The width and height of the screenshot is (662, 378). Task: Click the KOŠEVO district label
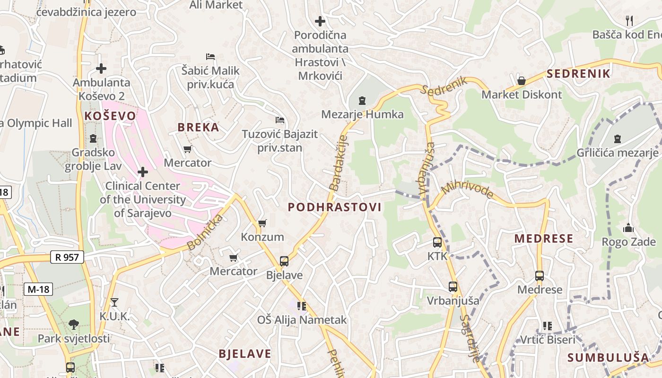pyautogui.click(x=110, y=116)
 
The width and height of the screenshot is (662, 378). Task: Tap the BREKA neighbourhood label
pyautogui.click(x=198, y=127)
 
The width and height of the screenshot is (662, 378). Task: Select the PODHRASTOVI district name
pyautogui.click(x=334, y=207)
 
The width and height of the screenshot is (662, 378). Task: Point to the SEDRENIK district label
pyautogui.click(x=579, y=73)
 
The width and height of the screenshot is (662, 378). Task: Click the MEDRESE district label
pyautogui.click(x=544, y=238)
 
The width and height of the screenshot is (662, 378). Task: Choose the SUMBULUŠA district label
pyautogui.click(x=609, y=357)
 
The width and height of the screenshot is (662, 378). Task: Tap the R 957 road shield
pyautogui.click(x=67, y=257)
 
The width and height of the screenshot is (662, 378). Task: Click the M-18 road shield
pyautogui.click(x=38, y=289)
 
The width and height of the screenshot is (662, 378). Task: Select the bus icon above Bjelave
pyautogui.click(x=284, y=261)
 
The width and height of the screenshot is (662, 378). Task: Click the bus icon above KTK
pyautogui.click(x=437, y=242)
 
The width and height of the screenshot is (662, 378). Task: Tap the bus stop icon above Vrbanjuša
pyautogui.click(x=453, y=287)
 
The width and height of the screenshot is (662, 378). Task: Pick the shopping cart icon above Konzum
pyautogui.click(x=262, y=223)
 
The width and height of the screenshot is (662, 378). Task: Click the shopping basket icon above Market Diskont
pyautogui.click(x=522, y=81)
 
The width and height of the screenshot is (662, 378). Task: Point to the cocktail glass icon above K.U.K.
pyautogui.click(x=114, y=302)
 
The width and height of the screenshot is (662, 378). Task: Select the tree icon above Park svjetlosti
pyautogui.click(x=73, y=325)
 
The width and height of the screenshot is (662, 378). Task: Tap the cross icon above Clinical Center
pyautogui.click(x=142, y=172)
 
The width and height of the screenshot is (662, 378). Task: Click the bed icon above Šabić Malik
pyautogui.click(x=210, y=57)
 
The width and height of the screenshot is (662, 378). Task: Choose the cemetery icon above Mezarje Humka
pyautogui.click(x=362, y=100)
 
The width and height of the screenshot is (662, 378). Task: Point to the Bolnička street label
pyautogui.click(x=205, y=232)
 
